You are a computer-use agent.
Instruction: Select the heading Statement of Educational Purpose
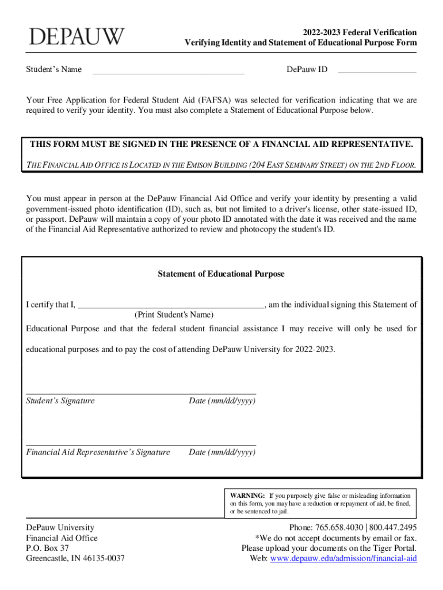pyautogui.click(x=221, y=274)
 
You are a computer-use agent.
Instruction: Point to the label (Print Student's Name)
pyautogui.click(x=174, y=315)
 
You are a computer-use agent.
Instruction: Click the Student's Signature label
pyautogui.click(x=60, y=401)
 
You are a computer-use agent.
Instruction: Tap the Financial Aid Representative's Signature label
pyautogui.click(x=98, y=452)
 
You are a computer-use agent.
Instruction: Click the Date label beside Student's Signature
pyautogui.click(x=222, y=401)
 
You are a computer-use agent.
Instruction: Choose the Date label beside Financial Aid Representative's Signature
pyautogui.click(x=222, y=452)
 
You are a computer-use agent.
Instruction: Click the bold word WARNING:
pyautogui.click(x=247, y=496)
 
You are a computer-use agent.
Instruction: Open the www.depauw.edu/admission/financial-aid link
pyautogui.click(x=343, y=558)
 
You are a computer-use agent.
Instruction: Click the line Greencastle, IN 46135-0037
pyautogui.click(x=75, y=558)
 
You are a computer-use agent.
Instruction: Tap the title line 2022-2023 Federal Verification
pyautogui.click(x=361, y=32)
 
